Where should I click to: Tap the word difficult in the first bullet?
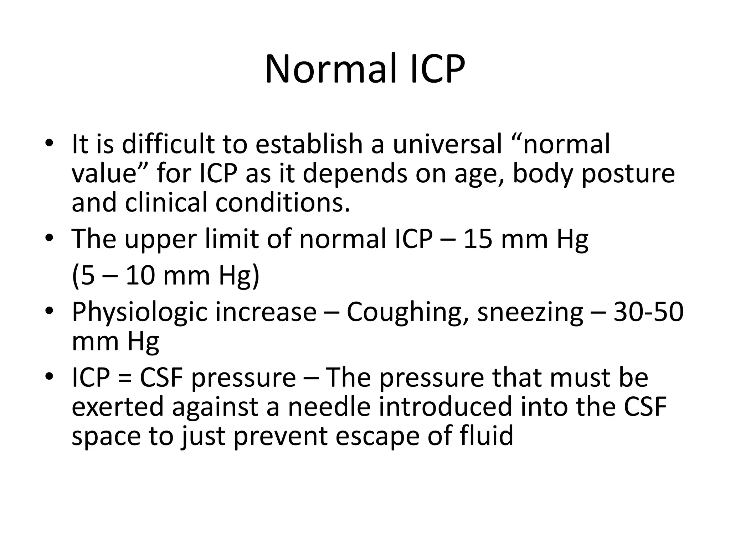[169, 144]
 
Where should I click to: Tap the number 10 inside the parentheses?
[140, 276]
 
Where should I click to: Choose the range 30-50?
[648, 312]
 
